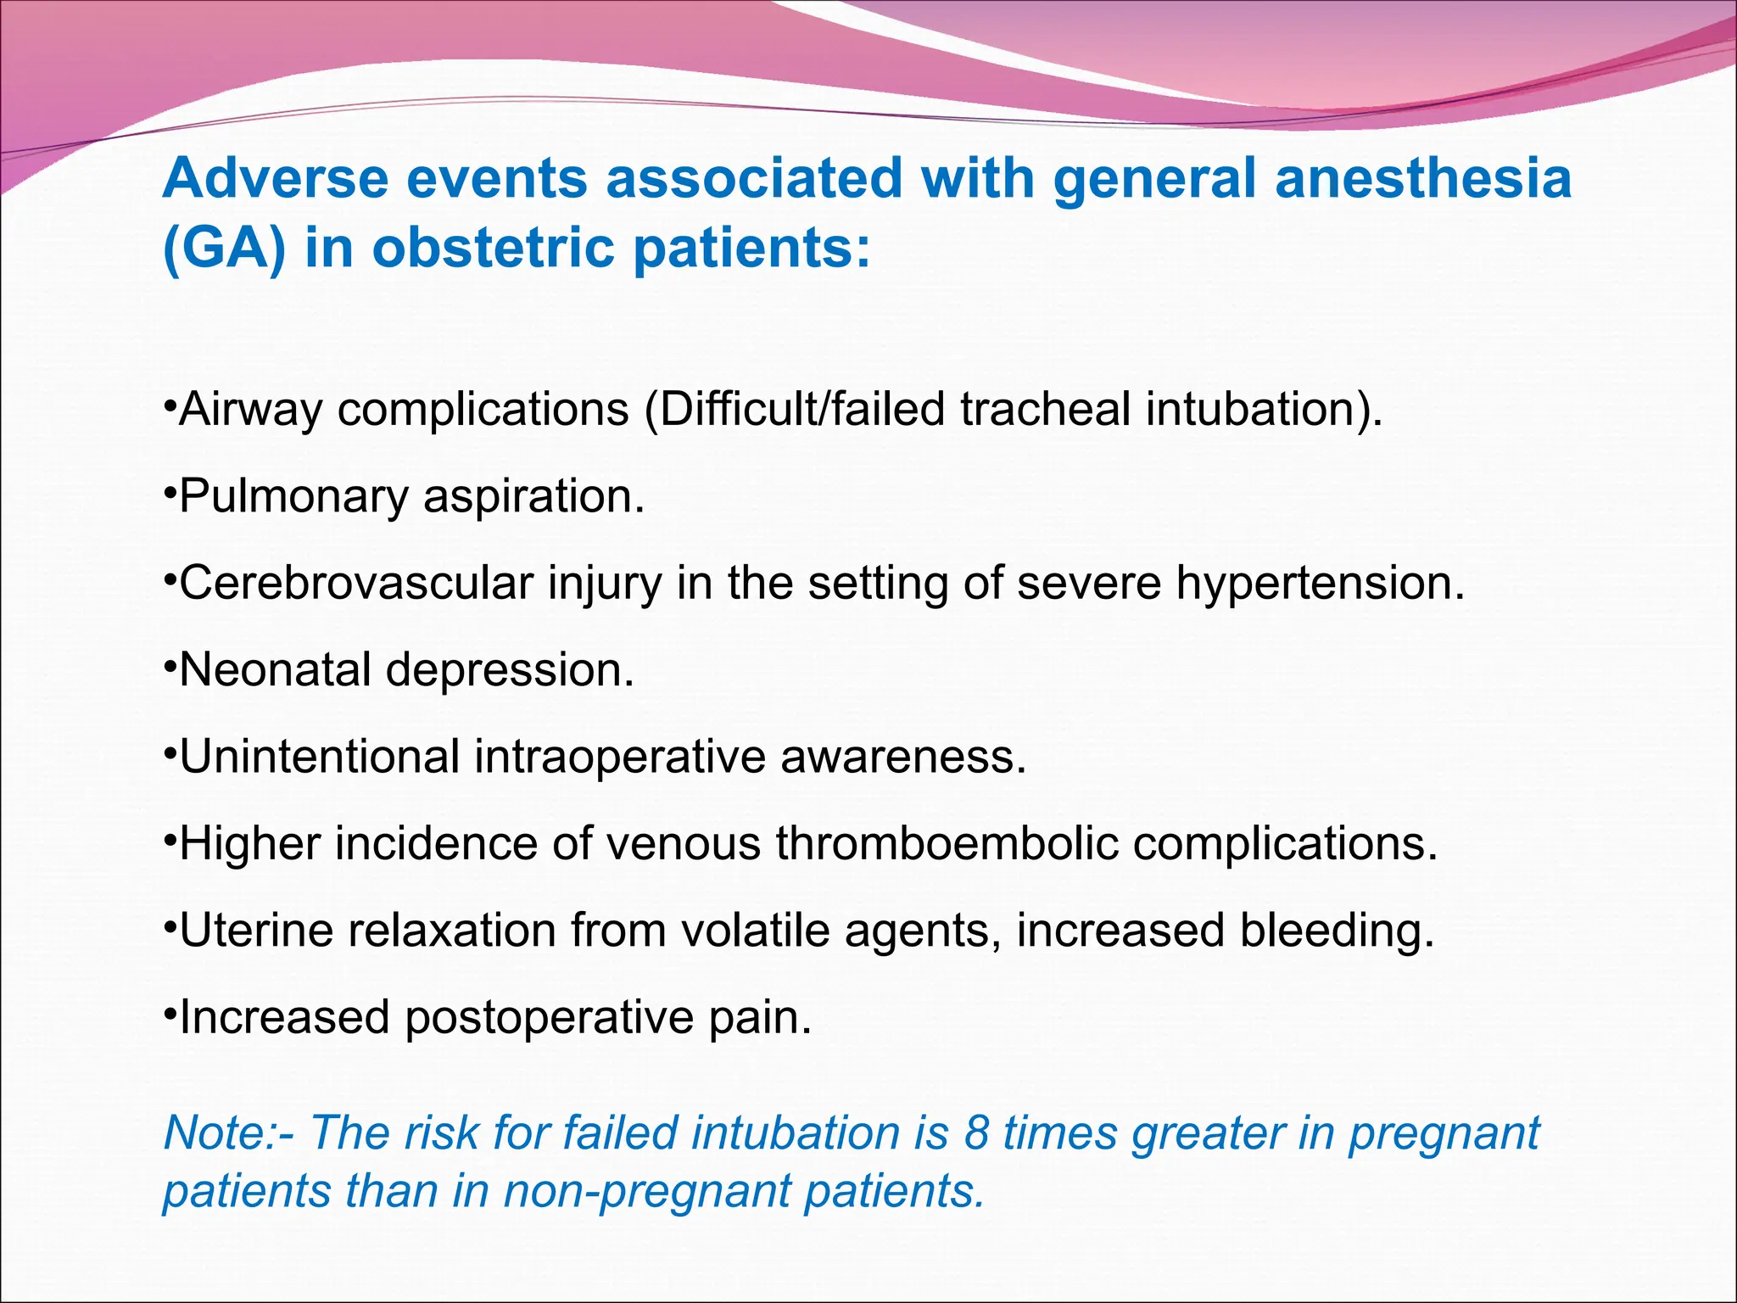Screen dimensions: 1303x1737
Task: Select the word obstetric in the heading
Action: point(493,249)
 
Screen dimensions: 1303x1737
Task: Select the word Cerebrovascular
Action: point(357,584)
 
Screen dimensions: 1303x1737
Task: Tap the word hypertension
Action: point(1320,584)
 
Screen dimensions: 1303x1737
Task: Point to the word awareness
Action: point(903,757)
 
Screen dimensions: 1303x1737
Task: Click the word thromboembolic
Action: point(947,844)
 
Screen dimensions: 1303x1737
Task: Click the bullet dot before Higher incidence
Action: point(170,835)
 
